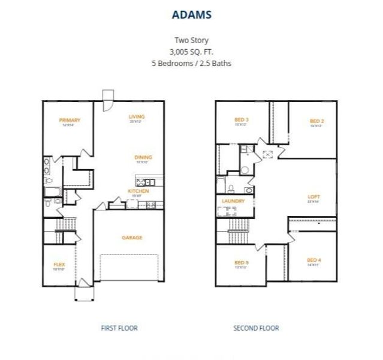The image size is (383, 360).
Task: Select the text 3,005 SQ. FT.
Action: click(x=191, y=52)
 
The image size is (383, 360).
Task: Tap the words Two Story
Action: click(x=191, y=41)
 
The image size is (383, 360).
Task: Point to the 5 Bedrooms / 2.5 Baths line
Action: click(x=191, y=62)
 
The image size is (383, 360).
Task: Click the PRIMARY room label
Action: click(x=70, y=120)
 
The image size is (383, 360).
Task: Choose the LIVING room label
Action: click(x=137, y=116)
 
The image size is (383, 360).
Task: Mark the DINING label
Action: click(x=142, y=157)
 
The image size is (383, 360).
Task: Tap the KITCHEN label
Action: click(x=138, y=191)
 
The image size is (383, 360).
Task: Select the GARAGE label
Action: click(x=132, y=238)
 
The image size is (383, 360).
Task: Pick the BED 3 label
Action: click(x=242, y=120)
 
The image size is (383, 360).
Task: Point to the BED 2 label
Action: click(x=317, y=121)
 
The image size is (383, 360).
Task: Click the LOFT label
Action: click(x=314, y=196)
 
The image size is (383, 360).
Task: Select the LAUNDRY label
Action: click(x=233, y=201)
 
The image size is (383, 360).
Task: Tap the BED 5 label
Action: click(x=242, y=262)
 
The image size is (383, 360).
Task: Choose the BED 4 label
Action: click(x=314, y=260)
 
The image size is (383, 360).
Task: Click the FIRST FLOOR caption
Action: click(x=119, y=328)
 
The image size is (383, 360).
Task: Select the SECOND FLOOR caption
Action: click(x=256, y=328)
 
